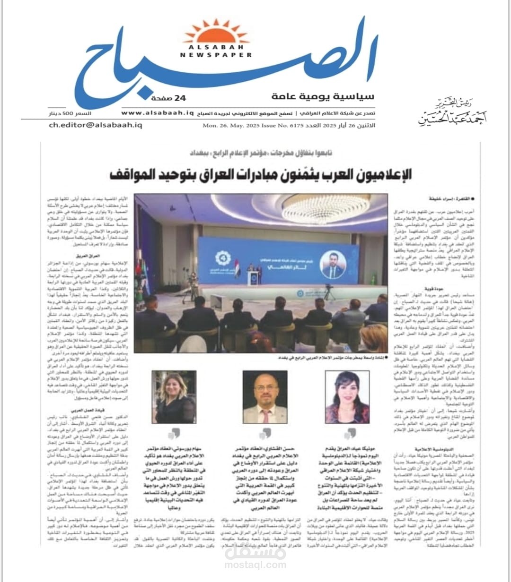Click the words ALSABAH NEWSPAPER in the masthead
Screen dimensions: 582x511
click(x=216, y=51)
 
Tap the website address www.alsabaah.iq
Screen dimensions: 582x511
click(x=158, y=112)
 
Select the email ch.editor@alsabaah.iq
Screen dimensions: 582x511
click(x=96, y=125)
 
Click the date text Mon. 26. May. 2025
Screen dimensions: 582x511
click(x=225, y=125)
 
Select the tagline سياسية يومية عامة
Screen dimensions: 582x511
click(x=323, y=96)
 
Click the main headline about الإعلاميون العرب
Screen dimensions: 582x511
click(x=260, y=174)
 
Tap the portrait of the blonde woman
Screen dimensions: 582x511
click(x=174, y=397)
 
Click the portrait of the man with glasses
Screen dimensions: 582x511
click(x=265, y=397)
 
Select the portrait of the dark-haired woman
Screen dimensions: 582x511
click(x=347, y=397)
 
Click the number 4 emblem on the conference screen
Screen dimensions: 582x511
click(x=221, y=258)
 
